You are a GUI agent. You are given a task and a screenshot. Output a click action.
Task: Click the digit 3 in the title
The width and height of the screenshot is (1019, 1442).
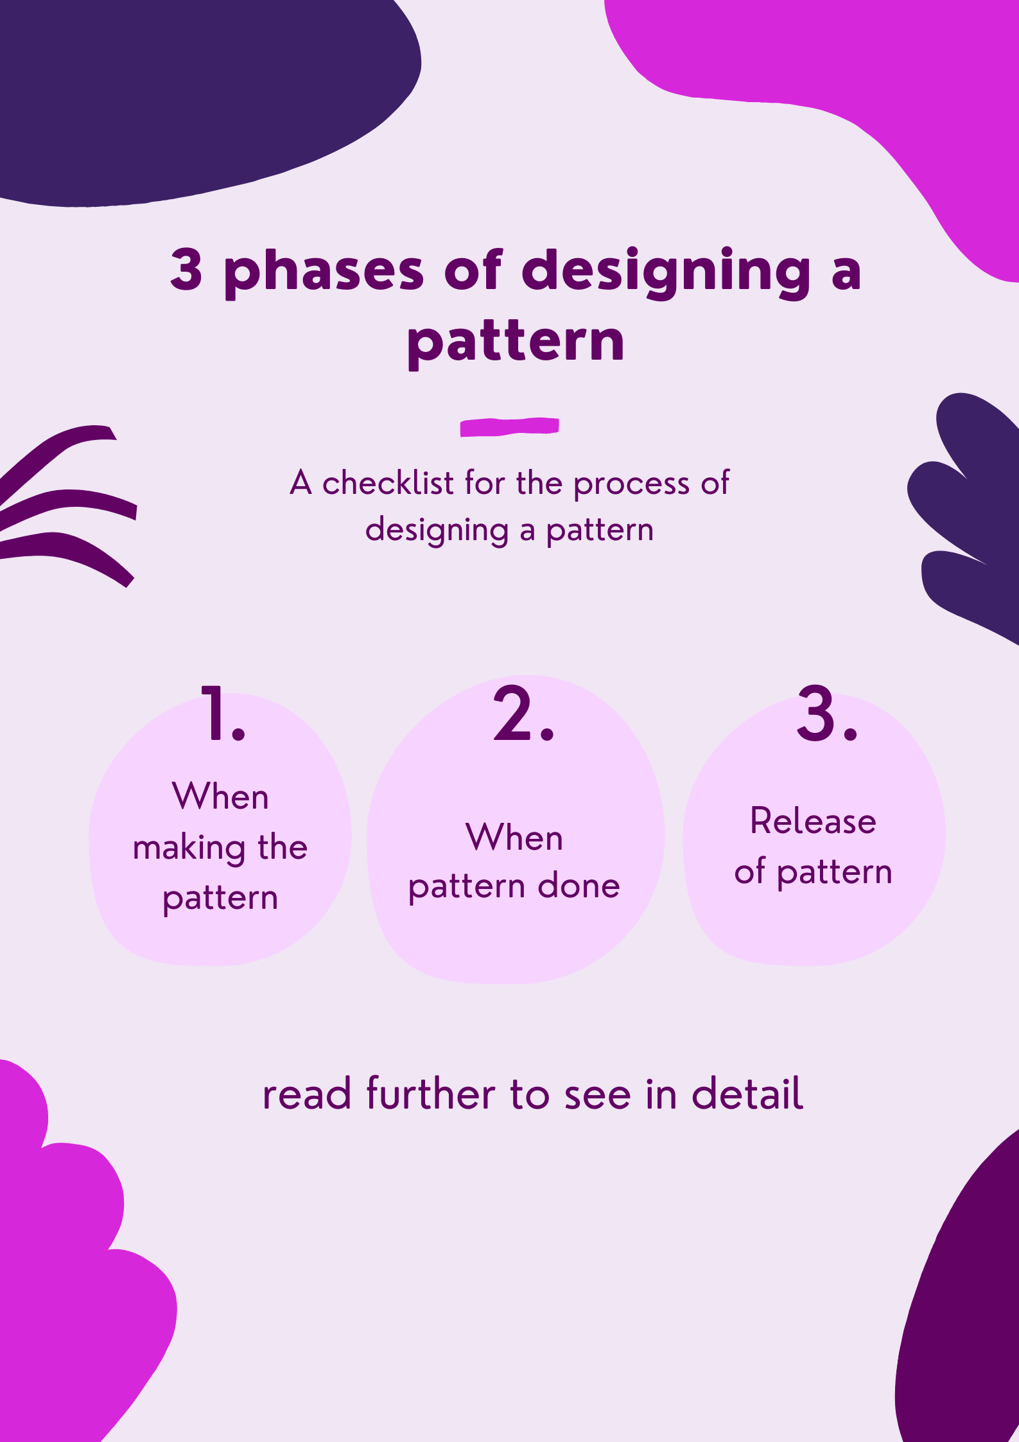(x=187, y=270)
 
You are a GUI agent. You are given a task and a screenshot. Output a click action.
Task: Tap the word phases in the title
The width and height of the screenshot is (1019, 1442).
(x=324, y=272)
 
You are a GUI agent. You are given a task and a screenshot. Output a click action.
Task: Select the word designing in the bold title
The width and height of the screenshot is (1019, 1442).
(x=671, y=272)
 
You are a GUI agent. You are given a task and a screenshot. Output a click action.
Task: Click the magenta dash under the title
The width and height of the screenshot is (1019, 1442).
(x=509, y=426)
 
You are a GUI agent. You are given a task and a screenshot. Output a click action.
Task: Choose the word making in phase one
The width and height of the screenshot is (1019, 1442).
(x=189, y=849)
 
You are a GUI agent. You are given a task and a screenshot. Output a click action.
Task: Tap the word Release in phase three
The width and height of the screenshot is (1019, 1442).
(x=813, y=822)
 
